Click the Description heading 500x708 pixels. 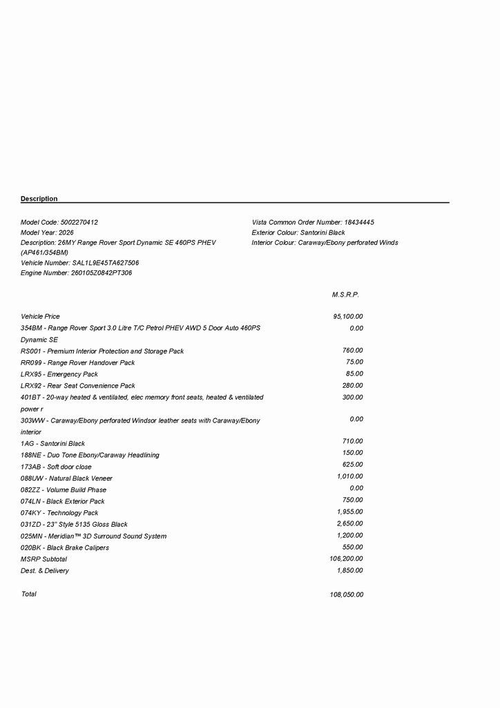coord(39,199)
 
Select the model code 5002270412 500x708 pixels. coord(79,223)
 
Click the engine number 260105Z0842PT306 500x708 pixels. coord(102,273)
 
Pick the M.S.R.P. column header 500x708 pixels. coord(345,295)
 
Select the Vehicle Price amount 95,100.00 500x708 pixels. coord(348,317)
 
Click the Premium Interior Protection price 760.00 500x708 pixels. coord(352,351)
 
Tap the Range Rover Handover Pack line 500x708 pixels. coord(78,362)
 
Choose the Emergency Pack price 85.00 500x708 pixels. coord(354,374)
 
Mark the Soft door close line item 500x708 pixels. coord(56,467)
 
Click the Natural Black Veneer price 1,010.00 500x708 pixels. coord(349,476)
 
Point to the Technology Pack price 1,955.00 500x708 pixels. coord(349,512)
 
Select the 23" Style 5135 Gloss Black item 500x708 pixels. coord(75,525)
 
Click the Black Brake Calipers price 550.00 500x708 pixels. coord(352,547)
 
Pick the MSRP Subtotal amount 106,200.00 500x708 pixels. coord(347,559)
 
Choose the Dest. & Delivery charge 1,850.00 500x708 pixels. coord(349,570)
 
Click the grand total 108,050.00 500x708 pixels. coord(347,595)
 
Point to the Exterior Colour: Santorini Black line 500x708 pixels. coord(298,233)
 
